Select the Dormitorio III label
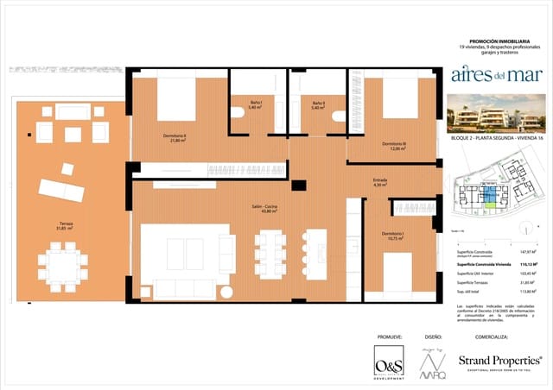(393, 146)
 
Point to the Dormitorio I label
(393, 235)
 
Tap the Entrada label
(380, 182)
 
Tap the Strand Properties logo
(500, 361)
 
